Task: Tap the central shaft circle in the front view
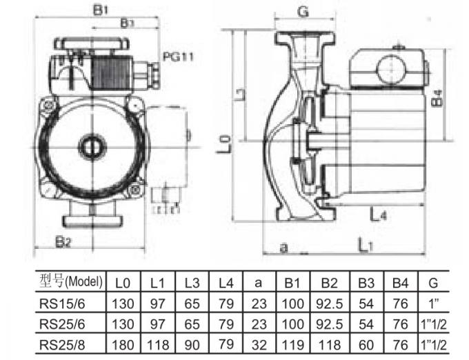[90, 147]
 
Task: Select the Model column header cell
[71, 281]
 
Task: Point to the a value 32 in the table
[257, 345]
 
